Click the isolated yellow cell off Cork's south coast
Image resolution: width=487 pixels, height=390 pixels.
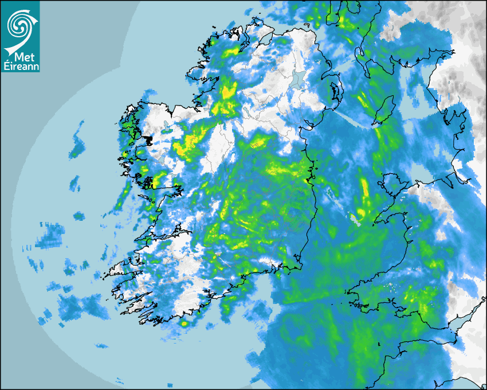pos(184,324)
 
